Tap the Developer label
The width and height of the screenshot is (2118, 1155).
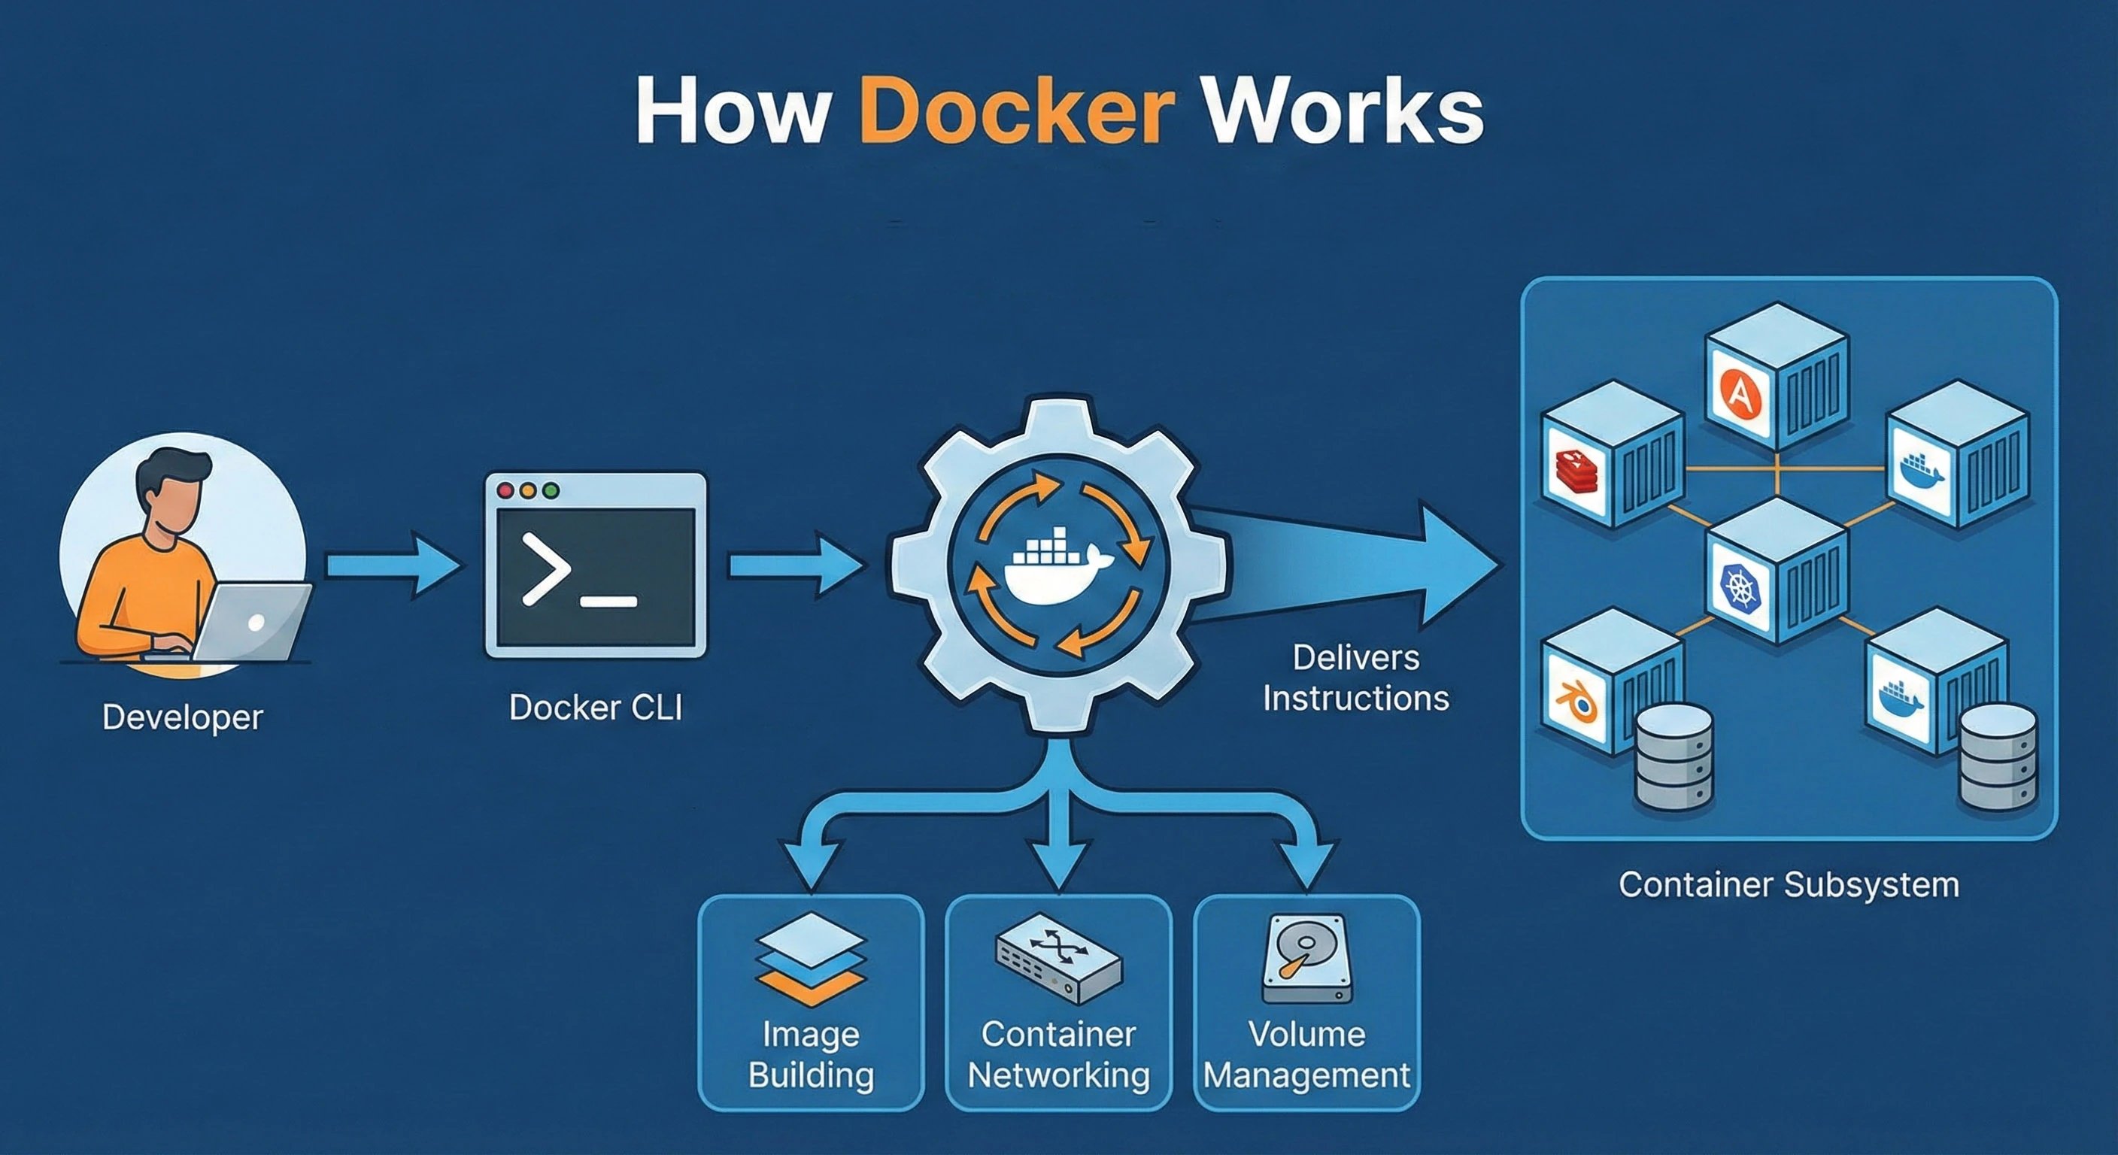tap(183, 717)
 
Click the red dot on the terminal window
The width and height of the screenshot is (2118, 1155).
tap(505, 491)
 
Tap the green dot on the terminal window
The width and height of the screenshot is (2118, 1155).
tap(551, 491)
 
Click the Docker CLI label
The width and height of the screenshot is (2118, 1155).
tap(595, 707)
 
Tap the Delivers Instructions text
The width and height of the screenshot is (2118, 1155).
tap(1356, 678)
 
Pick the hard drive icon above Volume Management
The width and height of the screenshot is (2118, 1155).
tap(1307, 959)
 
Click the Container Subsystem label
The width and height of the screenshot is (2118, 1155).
tap(1789, 885)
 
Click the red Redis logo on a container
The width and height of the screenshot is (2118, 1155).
tap(1576, 472)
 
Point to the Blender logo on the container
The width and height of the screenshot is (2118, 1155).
tap(1576, 702)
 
